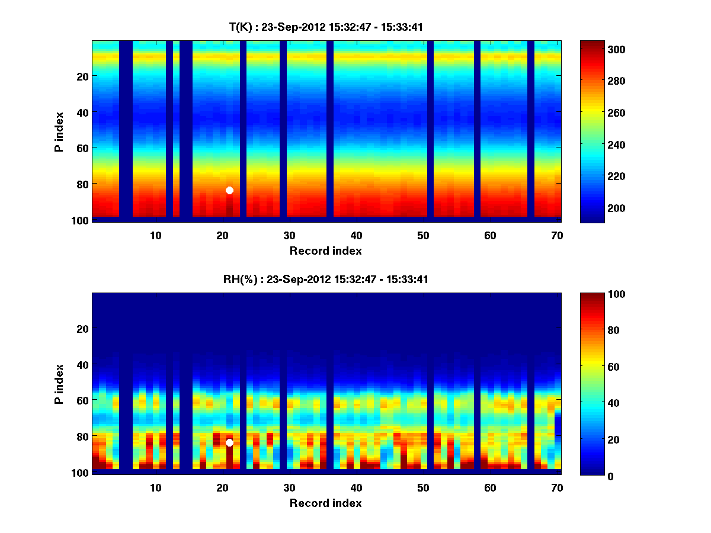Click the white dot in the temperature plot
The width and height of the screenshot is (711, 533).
pos(229,190)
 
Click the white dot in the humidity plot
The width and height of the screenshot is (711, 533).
pos(229,442)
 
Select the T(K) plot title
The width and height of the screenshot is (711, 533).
pos(326,27)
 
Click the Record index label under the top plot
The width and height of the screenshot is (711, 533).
pos(326,251)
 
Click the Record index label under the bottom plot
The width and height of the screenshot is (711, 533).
pos(326,503)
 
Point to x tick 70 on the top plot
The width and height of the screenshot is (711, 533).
pos(557,235)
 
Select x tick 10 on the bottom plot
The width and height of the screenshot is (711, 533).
pos(155,487)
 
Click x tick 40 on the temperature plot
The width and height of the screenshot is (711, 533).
pos(356,235)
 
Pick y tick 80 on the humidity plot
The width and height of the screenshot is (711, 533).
pos(82,436)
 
